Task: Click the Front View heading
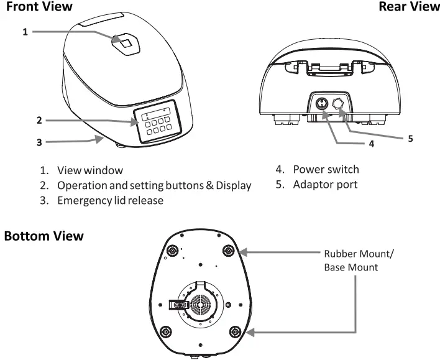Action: click(x=39, y=7)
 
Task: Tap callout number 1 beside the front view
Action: click(x=25, y=30)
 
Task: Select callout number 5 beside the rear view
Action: click(x=410, y=139)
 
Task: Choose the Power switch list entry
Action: click(x=326, y=170)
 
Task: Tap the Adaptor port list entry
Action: click(x=325, y=185)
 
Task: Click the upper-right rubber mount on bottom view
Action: click(x=229, y=251)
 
